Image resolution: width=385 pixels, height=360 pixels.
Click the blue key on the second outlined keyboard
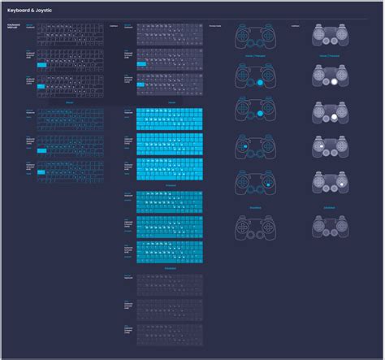point(41,63)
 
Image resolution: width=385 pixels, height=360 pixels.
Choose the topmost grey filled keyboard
point(168,33)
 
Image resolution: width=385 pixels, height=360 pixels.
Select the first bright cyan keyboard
point(168,119)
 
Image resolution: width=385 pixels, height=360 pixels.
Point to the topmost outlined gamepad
point(255,37)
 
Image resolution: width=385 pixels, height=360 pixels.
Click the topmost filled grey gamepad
point(331,37)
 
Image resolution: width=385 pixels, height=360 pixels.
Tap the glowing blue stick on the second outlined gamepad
point(260,82)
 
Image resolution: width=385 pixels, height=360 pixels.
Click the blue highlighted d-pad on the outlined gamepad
point(242,147)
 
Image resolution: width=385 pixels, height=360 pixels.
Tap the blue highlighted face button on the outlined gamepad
point(268,184)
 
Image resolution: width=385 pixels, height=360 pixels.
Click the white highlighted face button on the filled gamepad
point(344,184)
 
